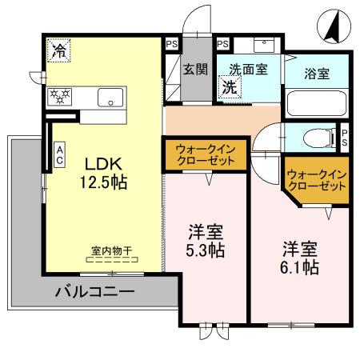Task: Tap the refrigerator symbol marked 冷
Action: [58, 50]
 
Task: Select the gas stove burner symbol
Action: [60, 97]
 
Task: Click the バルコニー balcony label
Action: [94, 292]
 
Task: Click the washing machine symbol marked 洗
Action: [229, 86]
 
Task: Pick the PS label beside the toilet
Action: [345, 137]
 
